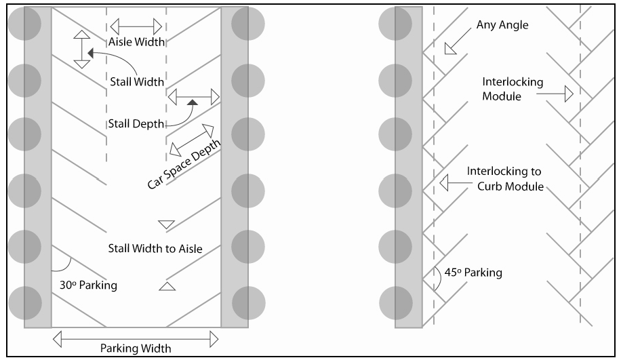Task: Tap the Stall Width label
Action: tap(137, 82)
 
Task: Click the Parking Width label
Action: tap(136, 348)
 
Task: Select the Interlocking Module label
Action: tap(513, 88)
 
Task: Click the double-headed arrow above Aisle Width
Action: tap(136, 26)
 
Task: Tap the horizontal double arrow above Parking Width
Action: tap(136, 336)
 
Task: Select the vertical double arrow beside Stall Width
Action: tap(81, 49)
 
